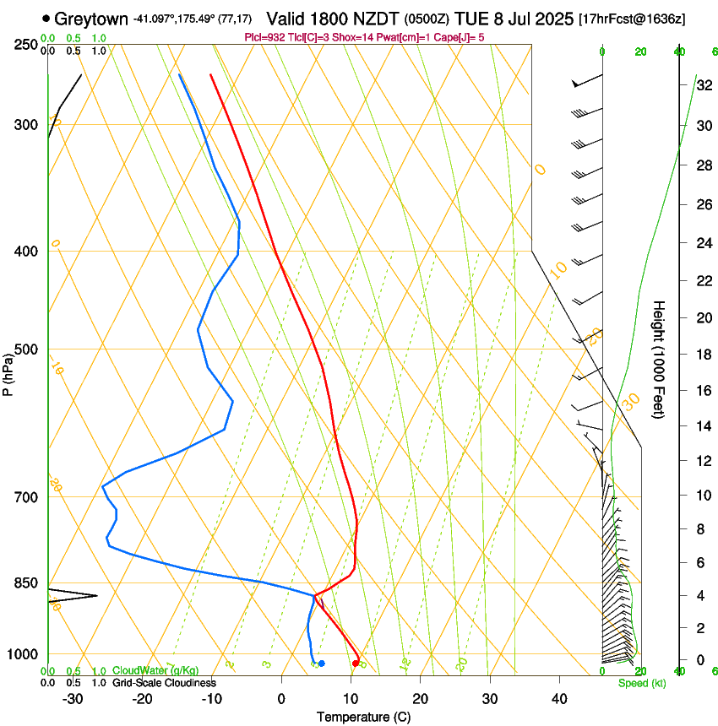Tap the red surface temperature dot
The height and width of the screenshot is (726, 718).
(355, 664)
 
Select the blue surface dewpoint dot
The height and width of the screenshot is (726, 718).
(321, 664)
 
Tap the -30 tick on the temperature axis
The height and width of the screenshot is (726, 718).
(73, 698)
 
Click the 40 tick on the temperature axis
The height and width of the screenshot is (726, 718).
(558, 698)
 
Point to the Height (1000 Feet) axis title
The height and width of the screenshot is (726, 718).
(660, 359)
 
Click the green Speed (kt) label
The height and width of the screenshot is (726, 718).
(641, 683)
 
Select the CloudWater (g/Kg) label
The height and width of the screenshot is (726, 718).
(155, 670)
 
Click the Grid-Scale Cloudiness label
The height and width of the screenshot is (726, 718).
(164, 682)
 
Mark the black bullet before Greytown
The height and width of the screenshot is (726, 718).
(46, 18)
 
